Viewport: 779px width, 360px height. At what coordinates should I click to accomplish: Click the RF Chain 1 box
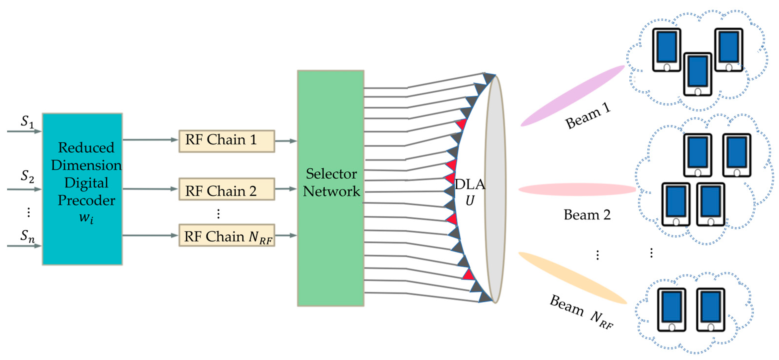click(x=227, y=141)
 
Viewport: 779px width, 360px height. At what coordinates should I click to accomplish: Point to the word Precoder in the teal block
click(x=86, y=200)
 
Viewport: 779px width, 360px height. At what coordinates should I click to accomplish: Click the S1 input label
click(x=27, y=122)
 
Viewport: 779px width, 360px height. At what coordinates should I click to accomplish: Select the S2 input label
click(x=27, y=176)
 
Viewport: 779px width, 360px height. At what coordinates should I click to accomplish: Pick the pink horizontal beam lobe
click(x=577, y=189)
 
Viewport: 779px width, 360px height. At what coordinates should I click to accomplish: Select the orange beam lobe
click(x=572, y=278)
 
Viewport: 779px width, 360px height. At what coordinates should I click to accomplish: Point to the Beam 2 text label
click(x=587, y=215)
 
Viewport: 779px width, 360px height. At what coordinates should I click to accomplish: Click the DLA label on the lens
click(x=470, y=184)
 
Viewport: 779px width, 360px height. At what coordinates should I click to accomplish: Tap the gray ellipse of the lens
click(x=495, y=189)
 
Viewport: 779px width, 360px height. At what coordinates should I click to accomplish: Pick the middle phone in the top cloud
click(x=697, y=74)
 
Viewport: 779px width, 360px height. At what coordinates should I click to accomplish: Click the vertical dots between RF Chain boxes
click(x=218, y=214)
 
